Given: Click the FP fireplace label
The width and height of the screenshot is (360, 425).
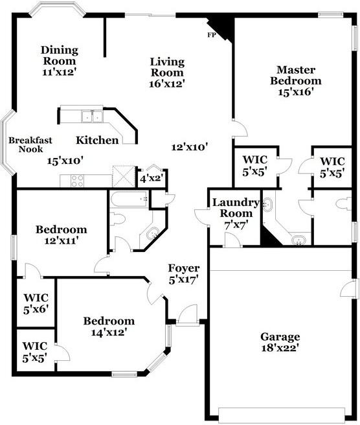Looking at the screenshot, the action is point(211,35).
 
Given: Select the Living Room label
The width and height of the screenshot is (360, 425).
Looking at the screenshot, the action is point(167,67).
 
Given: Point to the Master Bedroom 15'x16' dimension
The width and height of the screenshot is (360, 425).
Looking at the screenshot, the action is point(296,92).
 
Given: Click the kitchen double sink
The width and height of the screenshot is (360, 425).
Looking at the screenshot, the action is point(92,117).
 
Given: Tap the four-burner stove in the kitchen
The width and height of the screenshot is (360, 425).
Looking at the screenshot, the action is point(77,181).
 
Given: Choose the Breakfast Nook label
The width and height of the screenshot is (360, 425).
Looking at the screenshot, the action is point(30,144).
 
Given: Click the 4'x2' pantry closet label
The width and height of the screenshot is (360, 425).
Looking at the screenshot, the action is point(152,179).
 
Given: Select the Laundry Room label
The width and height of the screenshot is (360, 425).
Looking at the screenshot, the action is point(236,207).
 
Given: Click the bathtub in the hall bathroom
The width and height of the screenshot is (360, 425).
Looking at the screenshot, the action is point(129,199).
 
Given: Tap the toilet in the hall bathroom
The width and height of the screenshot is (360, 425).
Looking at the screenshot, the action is point(117,219).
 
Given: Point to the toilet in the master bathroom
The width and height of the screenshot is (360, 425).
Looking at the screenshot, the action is point(343,204).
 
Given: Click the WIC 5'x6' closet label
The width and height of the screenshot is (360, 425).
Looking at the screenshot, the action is point(36,304).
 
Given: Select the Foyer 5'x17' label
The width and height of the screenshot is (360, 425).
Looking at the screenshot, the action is point(184,274).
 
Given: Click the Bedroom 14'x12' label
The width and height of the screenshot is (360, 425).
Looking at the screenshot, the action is point(109,327).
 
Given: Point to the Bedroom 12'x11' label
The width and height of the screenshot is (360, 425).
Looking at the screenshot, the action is point(62,235).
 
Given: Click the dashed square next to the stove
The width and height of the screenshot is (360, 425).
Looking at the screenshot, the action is point(124,176).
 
